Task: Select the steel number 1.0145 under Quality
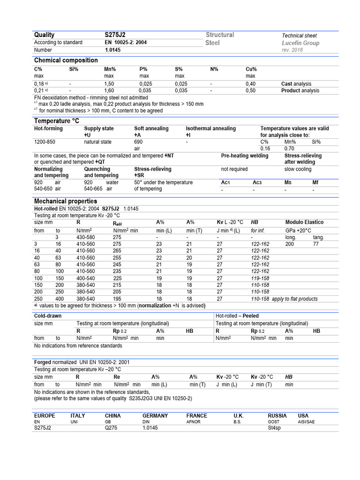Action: point(112,50)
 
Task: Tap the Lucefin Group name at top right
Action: point(300,43)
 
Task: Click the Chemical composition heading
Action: point(66,60)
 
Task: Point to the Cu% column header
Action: point(251,69)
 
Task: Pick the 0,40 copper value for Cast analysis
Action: point(251,84)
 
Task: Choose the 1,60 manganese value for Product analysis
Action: point(109,91)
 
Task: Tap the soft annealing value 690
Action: point(138,141)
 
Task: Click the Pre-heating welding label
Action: point(245,156)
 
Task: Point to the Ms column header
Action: point(288,182)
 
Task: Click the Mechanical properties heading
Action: point(66,201)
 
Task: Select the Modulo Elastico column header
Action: point(304,222)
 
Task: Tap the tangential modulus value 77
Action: point(315,244)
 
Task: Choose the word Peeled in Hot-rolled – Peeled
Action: point(251,316)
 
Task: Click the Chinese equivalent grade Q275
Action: point(112,428)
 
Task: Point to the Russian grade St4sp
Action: point(275,428)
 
